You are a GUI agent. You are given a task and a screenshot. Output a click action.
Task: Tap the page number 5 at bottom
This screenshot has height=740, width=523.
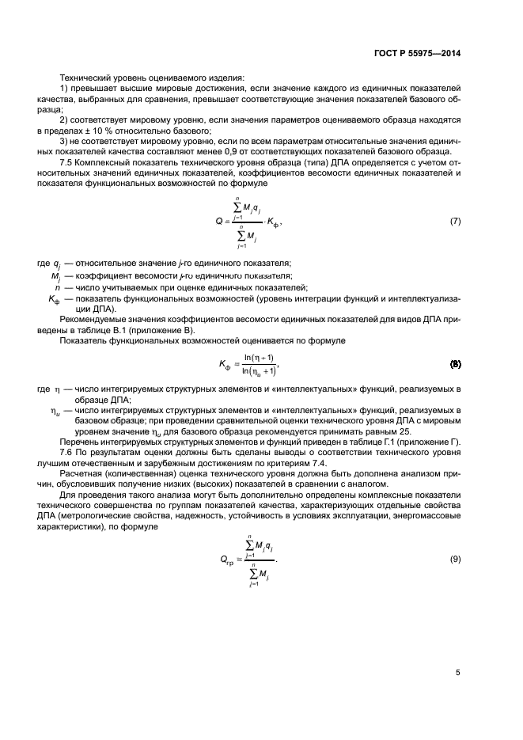pos(458,673)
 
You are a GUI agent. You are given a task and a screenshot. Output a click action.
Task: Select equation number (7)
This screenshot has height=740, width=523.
pos(455,221)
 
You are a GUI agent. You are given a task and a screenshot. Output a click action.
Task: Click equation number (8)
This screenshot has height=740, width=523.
pos(455,365)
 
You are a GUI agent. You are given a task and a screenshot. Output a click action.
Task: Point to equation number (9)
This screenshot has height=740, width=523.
pos(455,560)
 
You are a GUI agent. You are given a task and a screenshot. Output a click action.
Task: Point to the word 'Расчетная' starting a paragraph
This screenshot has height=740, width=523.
pos(81,472)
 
